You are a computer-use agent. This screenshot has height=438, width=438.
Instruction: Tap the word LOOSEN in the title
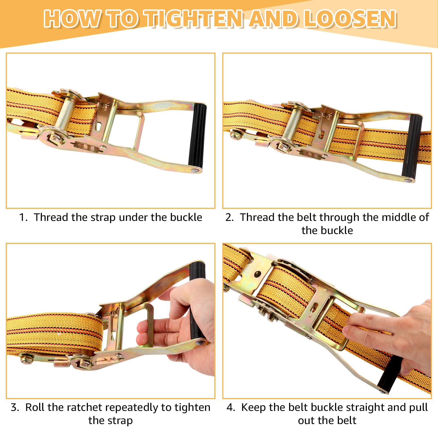[350, 19]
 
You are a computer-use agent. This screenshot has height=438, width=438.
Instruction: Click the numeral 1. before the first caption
[23, 217]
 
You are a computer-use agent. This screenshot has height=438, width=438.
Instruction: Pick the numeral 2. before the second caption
[230, 217]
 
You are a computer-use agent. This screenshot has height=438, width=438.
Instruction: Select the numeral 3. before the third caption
[15, 407]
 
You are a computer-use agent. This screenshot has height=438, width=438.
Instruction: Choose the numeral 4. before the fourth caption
[231, 407]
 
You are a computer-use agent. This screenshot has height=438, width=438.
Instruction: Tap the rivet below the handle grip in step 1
[195, 170]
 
